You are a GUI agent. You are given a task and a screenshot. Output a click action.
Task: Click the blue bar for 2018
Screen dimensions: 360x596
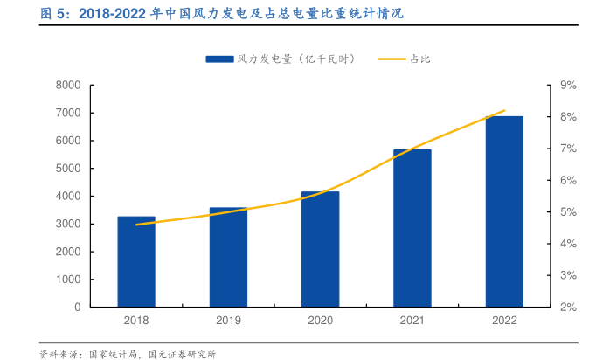click(136, 262)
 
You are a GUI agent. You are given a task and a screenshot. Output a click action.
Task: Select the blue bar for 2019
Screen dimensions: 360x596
click(228, 258)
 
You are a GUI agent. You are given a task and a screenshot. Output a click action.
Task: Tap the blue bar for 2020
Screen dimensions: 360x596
click(321, 250)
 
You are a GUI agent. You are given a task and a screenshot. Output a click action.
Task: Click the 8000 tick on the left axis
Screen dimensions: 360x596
click(67, 85)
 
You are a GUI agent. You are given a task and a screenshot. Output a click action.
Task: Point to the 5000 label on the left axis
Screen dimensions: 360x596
click(67, 169)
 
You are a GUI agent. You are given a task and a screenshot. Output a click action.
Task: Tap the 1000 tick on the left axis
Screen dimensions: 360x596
click(67, 280)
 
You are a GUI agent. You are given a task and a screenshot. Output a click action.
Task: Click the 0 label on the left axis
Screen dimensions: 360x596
click(77, 308)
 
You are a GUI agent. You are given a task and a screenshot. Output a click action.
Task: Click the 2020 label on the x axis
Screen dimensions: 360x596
click(321, 321)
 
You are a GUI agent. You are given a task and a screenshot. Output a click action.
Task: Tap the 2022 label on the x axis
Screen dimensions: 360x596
click(504, 321)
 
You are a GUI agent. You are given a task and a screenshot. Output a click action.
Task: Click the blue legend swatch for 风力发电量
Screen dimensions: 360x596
click(219, 59)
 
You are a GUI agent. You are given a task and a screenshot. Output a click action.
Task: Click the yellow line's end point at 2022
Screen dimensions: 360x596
click(505, 111)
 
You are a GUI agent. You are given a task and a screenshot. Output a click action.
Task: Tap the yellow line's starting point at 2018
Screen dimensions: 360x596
click(136, 225)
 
